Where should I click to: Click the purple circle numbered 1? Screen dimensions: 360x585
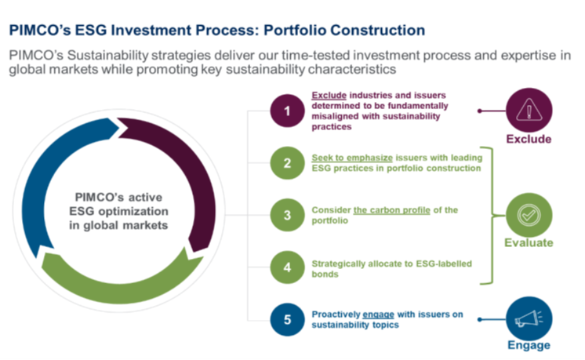click(x=287, y=111)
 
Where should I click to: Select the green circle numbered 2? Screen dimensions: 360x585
click(x=287, y=162)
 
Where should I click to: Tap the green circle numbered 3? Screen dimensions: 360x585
click(x=287, y=215)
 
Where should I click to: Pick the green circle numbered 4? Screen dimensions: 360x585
click(x=287, y=267)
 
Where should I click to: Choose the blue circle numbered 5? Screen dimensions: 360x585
click(x=287, y=319)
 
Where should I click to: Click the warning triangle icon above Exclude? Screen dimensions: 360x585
click(x=529, y=111)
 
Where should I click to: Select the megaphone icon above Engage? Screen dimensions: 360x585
click(x=529, y=319)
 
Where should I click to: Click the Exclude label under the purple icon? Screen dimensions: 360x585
click(x=529, y=140)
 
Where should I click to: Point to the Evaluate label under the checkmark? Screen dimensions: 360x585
click(x=529, y=243)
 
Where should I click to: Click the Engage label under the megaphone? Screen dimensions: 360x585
click(x=529, y=345)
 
